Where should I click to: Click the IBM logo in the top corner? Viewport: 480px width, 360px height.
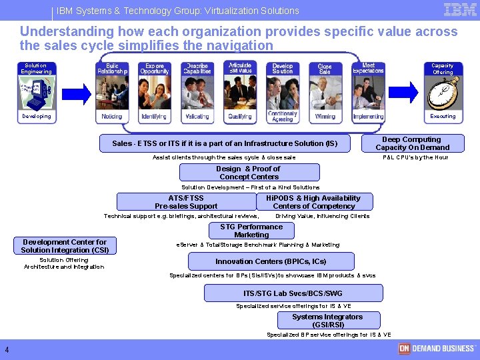click(x=460, y=10)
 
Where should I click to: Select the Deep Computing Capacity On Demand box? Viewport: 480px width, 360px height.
click(x=411, y=143)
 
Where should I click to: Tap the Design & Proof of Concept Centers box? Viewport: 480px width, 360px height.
click(x=249, y=173)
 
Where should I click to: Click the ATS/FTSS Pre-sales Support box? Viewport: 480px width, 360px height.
click(x=186, y=202)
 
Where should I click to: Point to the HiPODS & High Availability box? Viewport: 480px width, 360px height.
click(x=313, y=202)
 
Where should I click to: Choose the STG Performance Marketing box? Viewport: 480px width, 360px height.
click(x=251, y=231)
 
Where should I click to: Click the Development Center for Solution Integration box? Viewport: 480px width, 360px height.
click(x=65, y=246)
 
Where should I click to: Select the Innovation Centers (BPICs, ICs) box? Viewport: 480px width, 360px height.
click(x=271, y=261)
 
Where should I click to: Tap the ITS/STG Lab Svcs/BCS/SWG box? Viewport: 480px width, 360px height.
click(x=293, y=293)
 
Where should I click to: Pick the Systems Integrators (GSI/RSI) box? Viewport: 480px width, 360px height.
click(x=328, y=321)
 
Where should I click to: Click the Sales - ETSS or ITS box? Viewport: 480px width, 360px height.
click(x=225, y=143)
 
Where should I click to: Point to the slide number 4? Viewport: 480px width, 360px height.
click(x=7, y=351)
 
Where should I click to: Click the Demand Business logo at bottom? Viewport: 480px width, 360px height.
click(x=437, y=348)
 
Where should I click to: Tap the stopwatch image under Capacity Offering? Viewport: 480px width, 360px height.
click(x=443, y=93)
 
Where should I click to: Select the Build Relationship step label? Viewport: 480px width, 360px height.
click(x=112, y=69)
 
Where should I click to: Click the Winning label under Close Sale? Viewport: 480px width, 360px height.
click(x=325, y=117)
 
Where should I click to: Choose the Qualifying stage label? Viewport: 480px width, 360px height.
click(x=240, y=117)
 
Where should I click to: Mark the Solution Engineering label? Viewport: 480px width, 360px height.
click(x=36, y=69)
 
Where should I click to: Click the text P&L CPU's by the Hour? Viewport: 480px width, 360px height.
click(x=415, y=157)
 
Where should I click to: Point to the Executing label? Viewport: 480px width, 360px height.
click(x=443, y=117)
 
